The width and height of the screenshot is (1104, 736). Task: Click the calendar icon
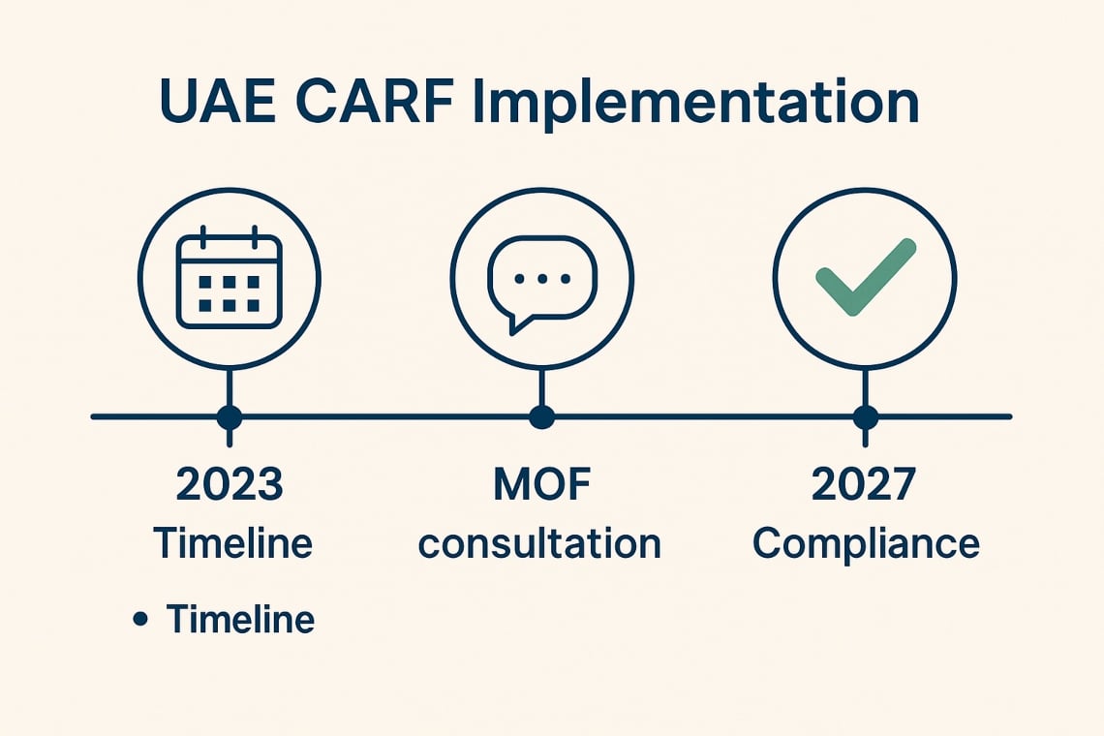(x=230, y=277)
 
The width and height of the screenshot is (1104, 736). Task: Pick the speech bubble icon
(x=541, y=277)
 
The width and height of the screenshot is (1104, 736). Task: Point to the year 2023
(x=230, y=484)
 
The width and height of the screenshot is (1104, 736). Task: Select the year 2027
(x=864, y=484)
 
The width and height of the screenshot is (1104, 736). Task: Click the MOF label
(x=541, y=484)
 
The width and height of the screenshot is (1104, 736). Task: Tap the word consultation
(x=539, y=543)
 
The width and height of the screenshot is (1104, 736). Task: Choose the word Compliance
(x=866, y=543)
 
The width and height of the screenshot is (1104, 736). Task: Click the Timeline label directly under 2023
(x=232, y=543)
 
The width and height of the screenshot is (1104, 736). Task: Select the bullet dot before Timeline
(x=141, y=618)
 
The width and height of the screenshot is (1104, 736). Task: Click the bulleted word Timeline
(x=240, y=619)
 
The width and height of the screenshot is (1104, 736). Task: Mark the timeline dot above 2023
(x=230, y=417)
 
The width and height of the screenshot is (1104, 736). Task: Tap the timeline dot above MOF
(x=541, y=417)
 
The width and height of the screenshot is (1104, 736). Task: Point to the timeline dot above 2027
(x=865, y=417)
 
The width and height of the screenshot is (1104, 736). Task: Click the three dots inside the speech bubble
(x=541, y=277)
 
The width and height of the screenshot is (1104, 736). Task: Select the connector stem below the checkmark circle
(x=865, y=387)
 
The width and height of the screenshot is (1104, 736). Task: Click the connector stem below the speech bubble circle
(x=541, y=387)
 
